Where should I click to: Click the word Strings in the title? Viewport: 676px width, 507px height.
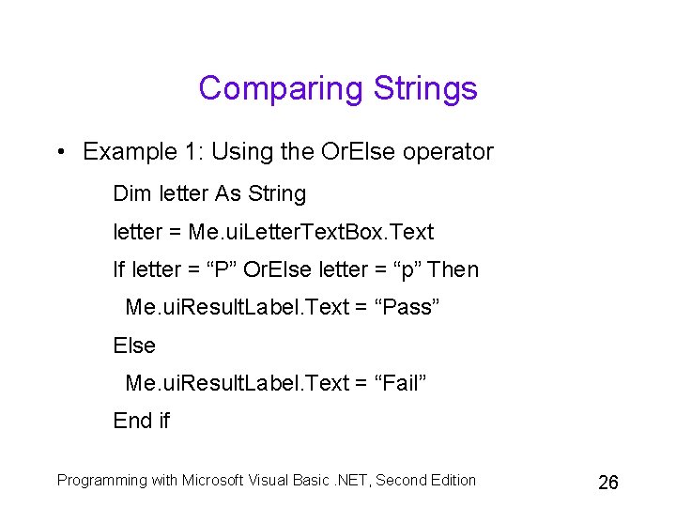point(425,89)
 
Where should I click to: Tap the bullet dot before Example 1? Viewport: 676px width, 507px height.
point(60,152)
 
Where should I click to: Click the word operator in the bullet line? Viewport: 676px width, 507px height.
point(450,152)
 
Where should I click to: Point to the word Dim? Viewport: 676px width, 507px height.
point(132,194)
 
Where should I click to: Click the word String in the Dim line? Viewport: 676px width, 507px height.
point(277,194)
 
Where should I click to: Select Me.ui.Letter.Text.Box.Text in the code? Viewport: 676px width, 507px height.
point(311,232)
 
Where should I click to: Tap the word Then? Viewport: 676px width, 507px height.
point(453,269)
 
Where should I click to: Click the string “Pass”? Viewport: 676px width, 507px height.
point(407,308)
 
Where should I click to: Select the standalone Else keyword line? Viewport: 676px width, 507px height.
point(134,346)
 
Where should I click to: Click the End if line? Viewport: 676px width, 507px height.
point(142,421)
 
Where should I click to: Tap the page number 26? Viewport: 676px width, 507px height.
point(608,483)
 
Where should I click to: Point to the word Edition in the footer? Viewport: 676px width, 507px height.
point(452,481)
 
